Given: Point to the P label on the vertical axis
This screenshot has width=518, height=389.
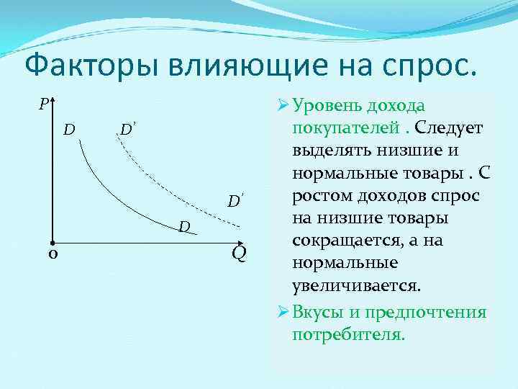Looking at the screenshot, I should [x=43, y=104].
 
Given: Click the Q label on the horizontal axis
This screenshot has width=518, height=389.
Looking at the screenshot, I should [x=239, y=254].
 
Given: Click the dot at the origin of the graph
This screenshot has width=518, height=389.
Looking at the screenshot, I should [x=54, y=243].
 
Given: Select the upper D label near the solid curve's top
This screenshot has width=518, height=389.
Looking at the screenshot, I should [x=69, y=130].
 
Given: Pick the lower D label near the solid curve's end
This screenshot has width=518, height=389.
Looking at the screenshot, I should [x=184, y=228].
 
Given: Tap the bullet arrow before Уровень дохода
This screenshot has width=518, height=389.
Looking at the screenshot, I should [x=282, y=107].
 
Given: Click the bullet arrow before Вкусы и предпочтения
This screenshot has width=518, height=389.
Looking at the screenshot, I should [x=282, y=313].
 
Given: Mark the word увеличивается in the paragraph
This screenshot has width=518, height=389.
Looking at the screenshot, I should [x=355, y=285].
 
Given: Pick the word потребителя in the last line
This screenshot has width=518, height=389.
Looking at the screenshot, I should [x=349, y=335].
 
